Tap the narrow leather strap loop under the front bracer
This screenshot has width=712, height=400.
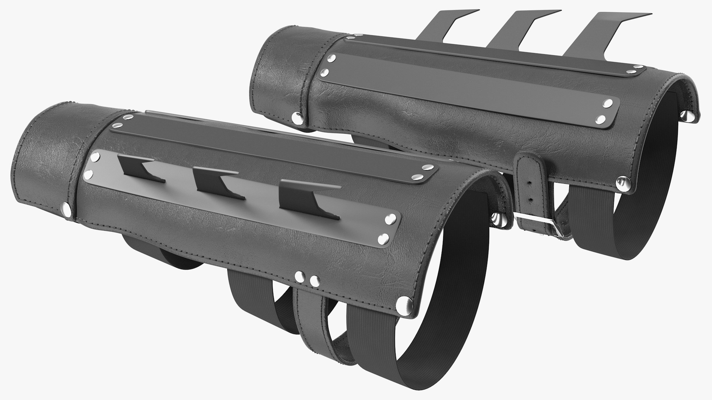point(315,326)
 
